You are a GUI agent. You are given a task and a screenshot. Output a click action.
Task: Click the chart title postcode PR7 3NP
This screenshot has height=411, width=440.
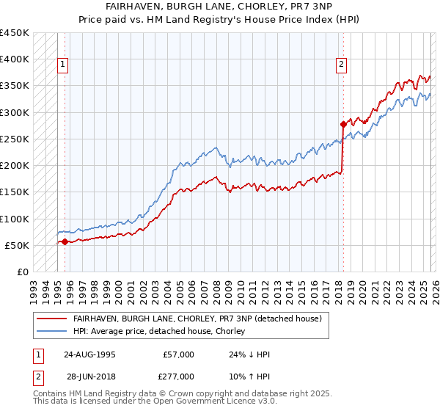coord(301,5)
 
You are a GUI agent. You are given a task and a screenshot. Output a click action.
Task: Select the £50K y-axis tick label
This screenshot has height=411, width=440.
coord(18,245)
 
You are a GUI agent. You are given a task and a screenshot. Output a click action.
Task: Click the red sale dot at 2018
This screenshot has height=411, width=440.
coord(343,124)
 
